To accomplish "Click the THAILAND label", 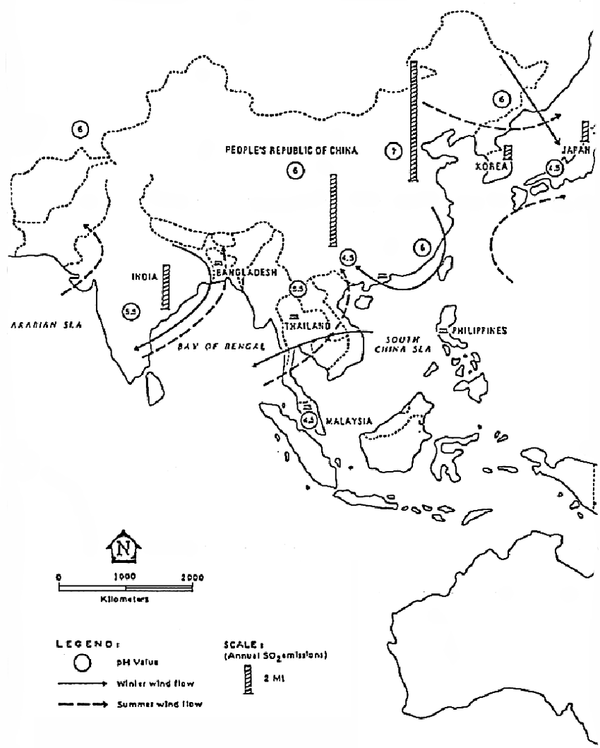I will click(x=299, y=327).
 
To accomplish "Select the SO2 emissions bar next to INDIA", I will click(x=165, y=286).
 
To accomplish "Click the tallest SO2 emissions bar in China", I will click(x=412, y=121).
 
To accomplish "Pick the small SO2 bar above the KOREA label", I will click(x=508, y=155).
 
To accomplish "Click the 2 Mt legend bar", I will click(x=248, y=681).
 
